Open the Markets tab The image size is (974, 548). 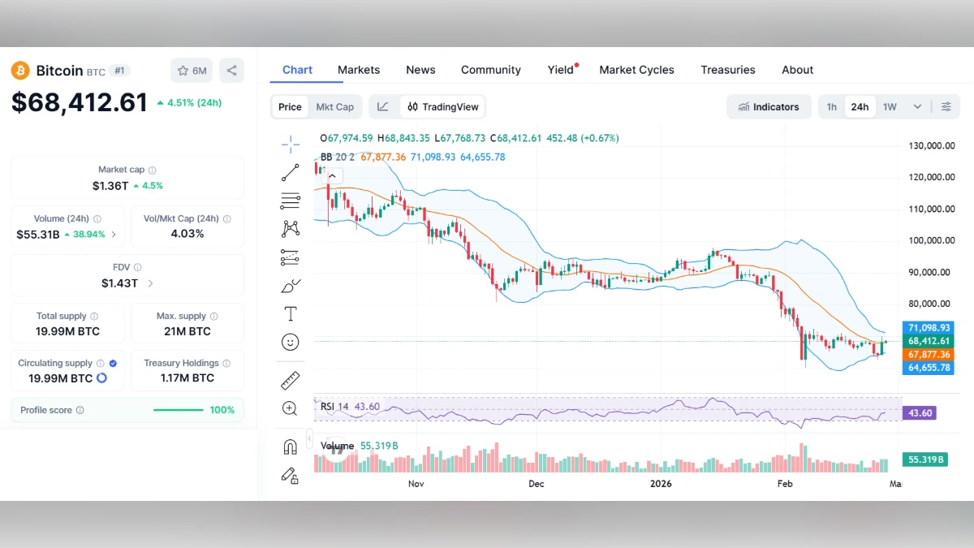click(x=359, y=70)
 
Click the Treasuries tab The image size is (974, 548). click(x=727, y=70)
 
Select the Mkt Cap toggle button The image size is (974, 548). click(x=334, y=106)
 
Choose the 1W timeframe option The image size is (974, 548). click(x=890, y=106)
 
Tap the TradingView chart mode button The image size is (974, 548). click(x=443, y=106)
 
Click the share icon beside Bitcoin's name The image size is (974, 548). click(x=231, y=71)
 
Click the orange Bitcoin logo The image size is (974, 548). click(x=20, y=71)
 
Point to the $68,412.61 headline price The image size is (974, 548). click(x=80, y=102)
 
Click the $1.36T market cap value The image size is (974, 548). click(x=110, y=185)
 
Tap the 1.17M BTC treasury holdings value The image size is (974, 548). click(x=187, y=378)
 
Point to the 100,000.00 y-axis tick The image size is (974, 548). click(x=931, y=240)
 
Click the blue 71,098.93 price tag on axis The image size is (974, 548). click(x=929, y=327)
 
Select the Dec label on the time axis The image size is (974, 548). click(x=536, y=484)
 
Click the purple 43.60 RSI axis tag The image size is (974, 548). click(x=921, y=413)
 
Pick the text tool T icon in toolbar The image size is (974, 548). click(x=290, y=313)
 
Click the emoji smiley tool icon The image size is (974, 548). click(x=290, y=342)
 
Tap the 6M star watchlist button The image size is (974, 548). click(x=192, y=71)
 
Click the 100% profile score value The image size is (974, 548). click(x=222, y=410)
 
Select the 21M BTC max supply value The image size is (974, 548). click(x=187, y=330)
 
